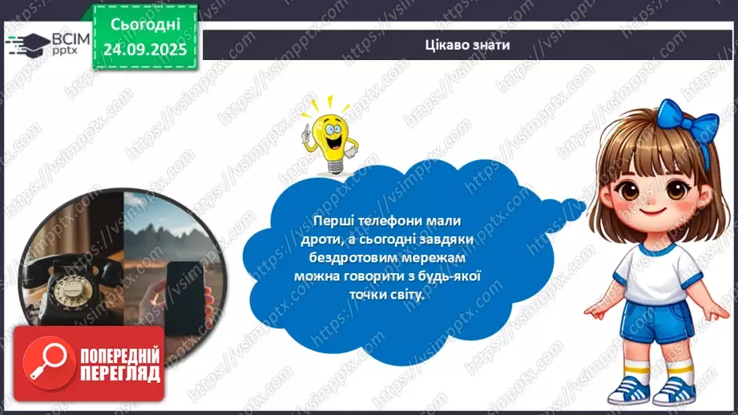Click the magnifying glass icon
point(42,364)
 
